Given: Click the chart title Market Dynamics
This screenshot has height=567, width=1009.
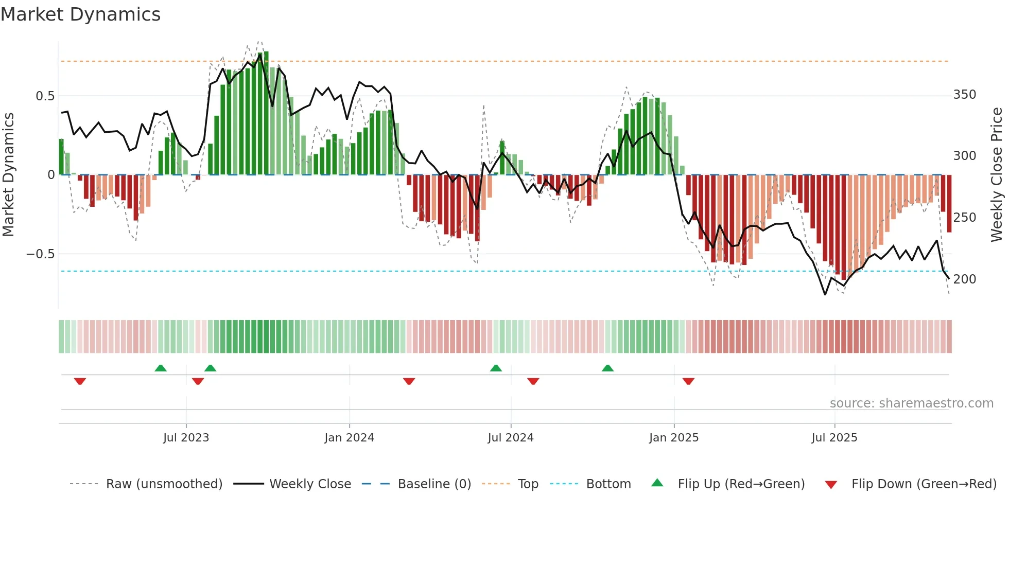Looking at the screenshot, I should point(80,14).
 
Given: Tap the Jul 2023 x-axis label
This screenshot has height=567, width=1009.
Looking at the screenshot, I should point(186,438).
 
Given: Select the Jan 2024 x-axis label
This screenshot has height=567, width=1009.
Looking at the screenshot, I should point(349,438).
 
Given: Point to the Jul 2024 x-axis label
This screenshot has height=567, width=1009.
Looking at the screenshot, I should point(510,438).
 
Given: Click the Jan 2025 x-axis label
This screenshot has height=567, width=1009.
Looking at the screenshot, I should point(673,438).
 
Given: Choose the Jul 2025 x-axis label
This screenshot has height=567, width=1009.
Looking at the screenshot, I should point(834,438).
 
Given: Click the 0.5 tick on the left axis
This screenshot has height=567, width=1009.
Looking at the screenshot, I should point(45,96).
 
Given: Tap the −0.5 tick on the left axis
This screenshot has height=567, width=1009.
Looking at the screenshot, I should point(41,254).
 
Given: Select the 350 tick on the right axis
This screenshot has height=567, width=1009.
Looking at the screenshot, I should point(964,95).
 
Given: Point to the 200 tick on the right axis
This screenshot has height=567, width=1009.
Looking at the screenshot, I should point(964,279).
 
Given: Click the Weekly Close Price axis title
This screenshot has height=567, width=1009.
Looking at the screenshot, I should point(997,175).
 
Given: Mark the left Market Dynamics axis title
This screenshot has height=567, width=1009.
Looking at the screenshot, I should point(8,175).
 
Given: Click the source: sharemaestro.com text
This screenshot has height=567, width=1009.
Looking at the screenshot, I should point(911,403).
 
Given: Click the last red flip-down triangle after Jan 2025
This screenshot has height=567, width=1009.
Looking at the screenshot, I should point(688,381).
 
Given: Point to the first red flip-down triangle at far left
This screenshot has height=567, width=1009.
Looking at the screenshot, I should point(80,381).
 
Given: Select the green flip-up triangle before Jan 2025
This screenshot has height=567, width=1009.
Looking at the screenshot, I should point(607,368).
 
